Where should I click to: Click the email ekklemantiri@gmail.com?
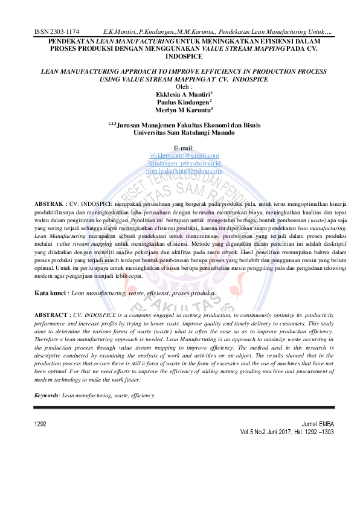click(184, 156)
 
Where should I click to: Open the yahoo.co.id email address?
click(184, 163)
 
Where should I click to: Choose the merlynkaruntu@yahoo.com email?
click(184, 171)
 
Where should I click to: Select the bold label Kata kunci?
click(51, 292)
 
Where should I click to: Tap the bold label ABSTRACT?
click(52, 315)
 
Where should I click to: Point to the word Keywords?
click(47, 395)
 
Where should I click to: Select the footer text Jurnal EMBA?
click(317, 425)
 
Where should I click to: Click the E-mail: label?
click(184, 148)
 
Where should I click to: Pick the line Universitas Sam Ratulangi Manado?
click(184, 131)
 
